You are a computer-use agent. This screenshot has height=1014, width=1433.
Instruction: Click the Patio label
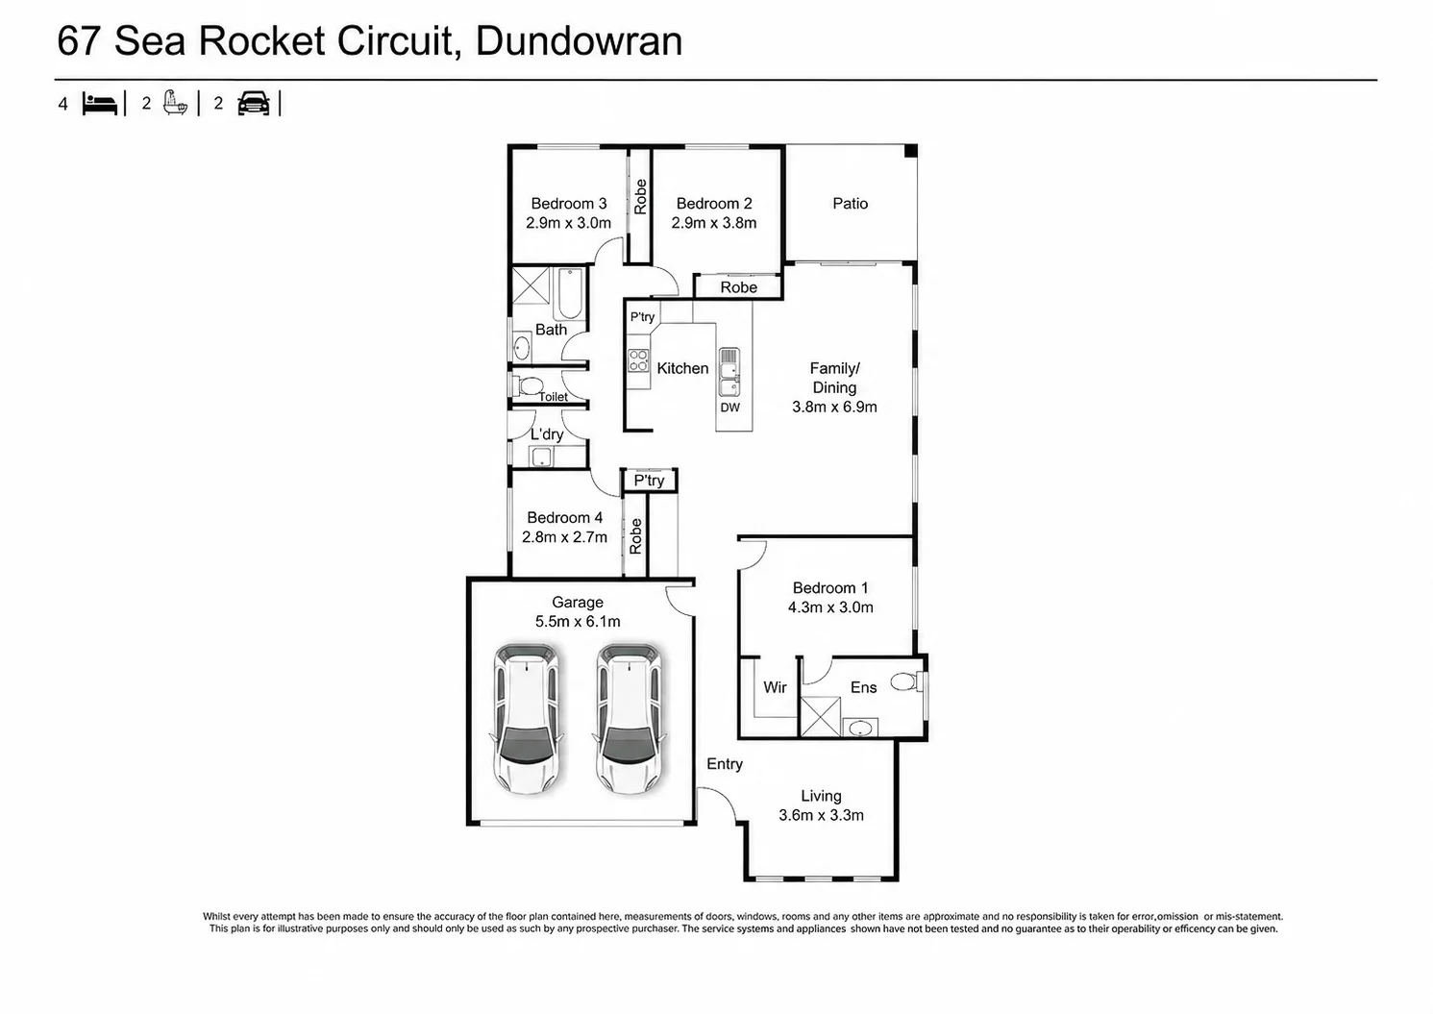click(x=851, y=204)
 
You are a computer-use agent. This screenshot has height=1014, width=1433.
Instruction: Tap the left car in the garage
click(x=527, y=718)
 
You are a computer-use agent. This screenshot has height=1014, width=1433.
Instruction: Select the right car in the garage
click(x=630, y=718)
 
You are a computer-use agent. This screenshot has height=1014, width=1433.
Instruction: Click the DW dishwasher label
click(x=729, y=408)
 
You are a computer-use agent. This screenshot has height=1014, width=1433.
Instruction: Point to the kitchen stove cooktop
click(x=638, y=360)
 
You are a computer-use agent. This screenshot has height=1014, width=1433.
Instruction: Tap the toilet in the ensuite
click(x=907, y=681)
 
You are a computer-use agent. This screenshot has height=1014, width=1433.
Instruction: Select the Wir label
click(x=775, y=688)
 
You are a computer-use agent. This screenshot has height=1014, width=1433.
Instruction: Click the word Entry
click(x=725, y=764)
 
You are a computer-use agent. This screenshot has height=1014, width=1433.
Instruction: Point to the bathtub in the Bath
click(x=570, y=294)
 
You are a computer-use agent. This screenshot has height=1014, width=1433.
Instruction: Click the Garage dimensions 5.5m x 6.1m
click(x=578, y=622)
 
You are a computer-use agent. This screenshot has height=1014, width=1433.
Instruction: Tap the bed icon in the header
click(x=100, y=104)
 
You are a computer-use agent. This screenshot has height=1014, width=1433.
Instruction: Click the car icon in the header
click(x=254, y=103)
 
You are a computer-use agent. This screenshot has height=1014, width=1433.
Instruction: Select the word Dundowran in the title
click(x=579, y=41)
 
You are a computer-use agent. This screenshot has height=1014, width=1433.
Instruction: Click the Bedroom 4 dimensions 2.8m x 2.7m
click(x=564, y=537)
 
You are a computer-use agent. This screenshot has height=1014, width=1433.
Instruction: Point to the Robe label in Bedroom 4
click(x=635, y=536)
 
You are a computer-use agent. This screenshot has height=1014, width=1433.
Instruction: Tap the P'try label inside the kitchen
click(x=642, y=317)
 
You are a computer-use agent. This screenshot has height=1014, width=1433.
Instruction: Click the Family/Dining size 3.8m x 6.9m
click(x=834, y=407)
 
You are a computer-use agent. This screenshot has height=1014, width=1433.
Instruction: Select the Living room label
click(x=822, y=797)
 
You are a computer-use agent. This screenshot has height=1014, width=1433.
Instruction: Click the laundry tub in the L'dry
click(x=541, y=457)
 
